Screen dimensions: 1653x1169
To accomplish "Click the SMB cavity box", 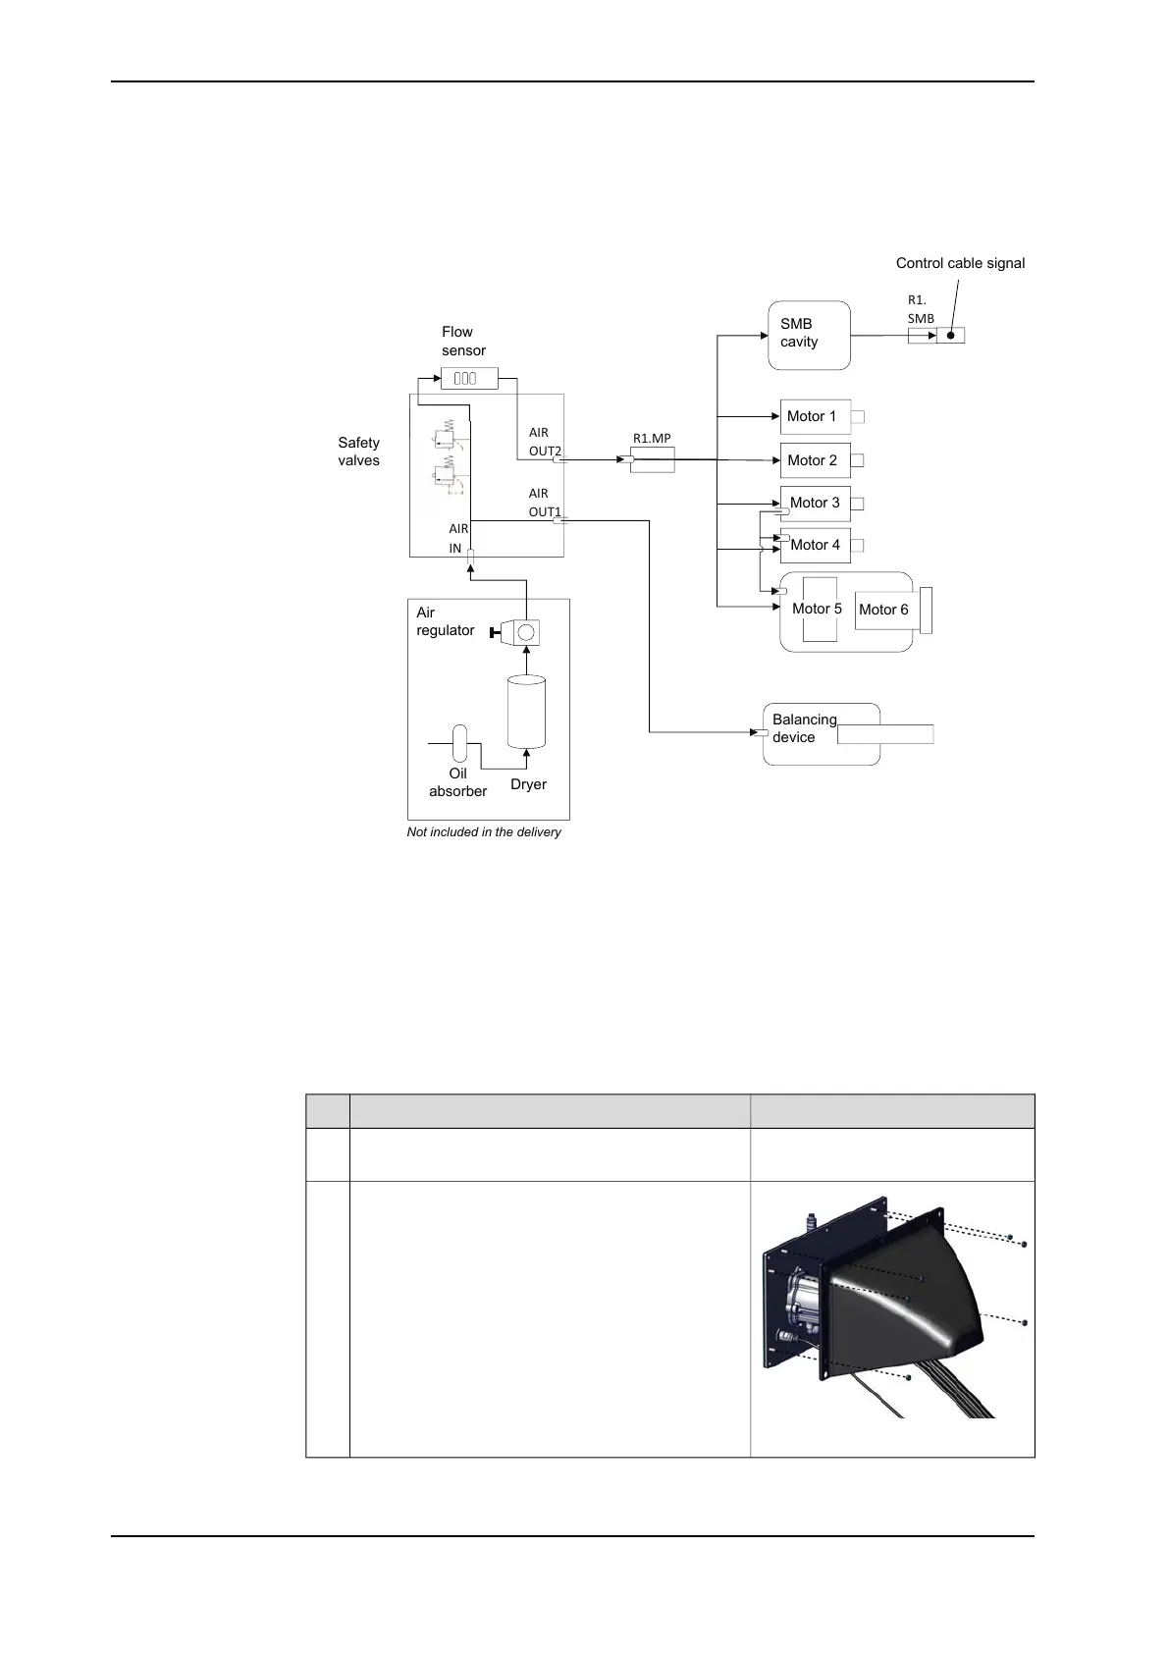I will pos(809,335).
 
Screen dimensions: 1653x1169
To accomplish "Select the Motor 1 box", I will pos(815,417).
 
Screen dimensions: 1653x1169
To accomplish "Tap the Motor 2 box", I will pos(815,460).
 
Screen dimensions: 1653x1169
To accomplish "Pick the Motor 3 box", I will pos(815,504).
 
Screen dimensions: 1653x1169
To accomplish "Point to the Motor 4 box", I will pos(815,546).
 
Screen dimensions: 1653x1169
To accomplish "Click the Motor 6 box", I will pos(885,610).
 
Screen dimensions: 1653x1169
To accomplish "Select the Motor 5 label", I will pos(817,609).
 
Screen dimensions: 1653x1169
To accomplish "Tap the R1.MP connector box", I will pos(653,459).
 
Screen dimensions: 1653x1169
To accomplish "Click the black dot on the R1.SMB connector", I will pos(950,336).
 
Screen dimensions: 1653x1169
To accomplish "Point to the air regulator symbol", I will pos(520,631).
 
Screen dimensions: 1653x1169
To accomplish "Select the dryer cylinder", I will pos(526,712).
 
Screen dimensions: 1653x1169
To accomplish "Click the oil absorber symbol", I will pos(459,743).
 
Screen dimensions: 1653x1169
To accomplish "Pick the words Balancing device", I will pos(804,728).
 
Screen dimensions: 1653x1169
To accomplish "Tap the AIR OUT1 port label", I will pos(544,503).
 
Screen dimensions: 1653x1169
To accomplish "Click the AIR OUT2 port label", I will pos(544,442).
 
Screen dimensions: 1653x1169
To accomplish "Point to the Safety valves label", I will pos(358,452).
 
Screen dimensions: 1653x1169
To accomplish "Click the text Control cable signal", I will pos(960,263).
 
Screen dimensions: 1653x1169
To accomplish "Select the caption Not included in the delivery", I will pos(484,832).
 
